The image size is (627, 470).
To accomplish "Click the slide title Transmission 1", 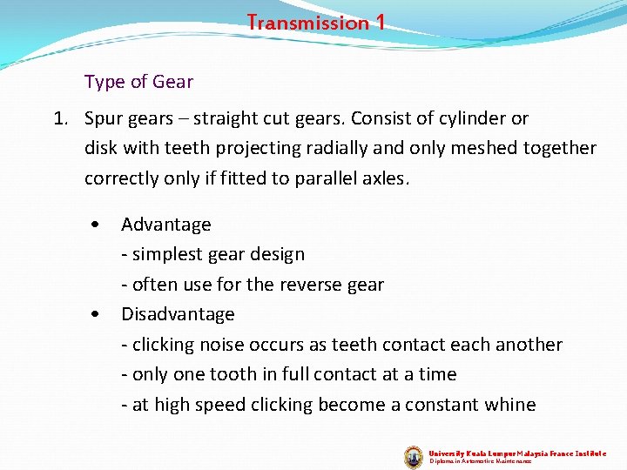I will point(315,23).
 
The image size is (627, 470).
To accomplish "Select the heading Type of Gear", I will point(138,83).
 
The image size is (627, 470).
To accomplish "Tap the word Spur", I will point(104,118).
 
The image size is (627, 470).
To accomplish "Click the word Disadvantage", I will point(178,314).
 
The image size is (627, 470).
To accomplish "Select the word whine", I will point(509,405).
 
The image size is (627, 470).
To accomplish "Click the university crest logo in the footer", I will point(414,456).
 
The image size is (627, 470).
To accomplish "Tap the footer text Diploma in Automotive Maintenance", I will point(480,462).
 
